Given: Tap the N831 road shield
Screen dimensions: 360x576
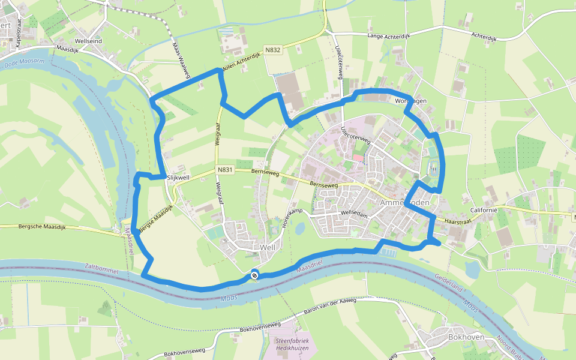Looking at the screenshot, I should coord(225,170).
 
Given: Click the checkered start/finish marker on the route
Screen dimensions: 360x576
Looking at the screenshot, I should coord(254,275).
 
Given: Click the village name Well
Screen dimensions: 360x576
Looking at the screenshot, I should coord(268,247).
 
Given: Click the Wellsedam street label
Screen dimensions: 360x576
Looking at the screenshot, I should coord(353,213).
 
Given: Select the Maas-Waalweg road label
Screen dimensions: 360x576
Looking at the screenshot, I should coord(181,59).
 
